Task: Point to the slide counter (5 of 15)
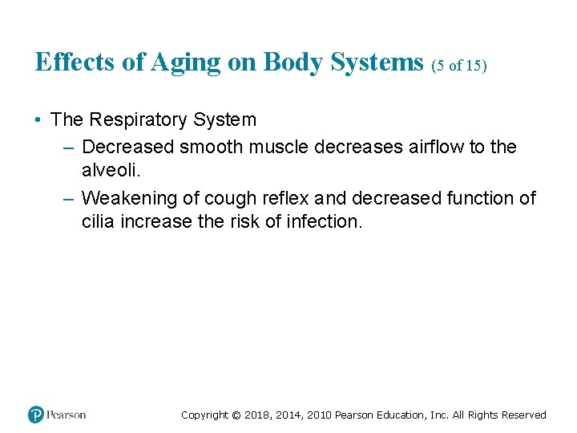459,66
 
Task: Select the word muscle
280,148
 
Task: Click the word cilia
99,221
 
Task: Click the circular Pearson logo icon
36,415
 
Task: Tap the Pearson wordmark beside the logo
67,415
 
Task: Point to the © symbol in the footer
235,415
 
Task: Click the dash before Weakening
67,198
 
